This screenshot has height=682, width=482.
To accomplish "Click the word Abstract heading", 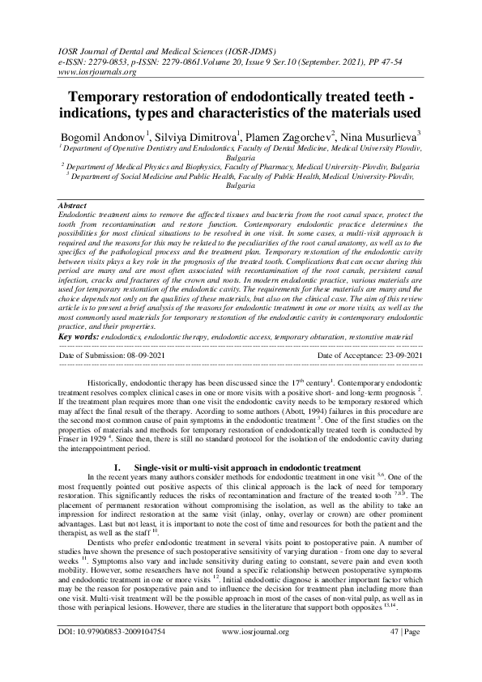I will point(75,207).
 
